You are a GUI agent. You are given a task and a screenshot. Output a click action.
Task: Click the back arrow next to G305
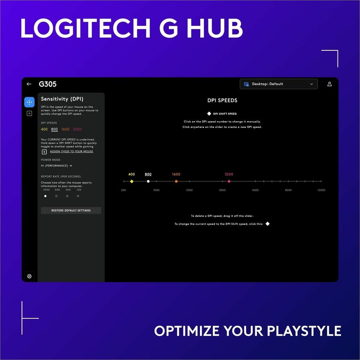(x=29, y=84)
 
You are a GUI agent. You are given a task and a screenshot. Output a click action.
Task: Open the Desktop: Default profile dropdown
(x=279, y=84)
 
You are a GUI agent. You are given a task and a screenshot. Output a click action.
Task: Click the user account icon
(x=330, y=84)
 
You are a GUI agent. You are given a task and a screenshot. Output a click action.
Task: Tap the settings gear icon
(x=29, y=276)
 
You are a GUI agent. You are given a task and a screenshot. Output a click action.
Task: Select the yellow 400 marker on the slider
(x=132, y=181)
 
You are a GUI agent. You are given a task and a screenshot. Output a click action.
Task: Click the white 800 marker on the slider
(x=148, y=181)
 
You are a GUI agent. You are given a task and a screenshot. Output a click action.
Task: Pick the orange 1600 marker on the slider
(x=176, y=181)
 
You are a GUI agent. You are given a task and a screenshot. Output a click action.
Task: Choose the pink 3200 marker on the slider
(x=229, y=181)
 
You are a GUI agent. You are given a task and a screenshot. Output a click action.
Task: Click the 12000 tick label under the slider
(x=321, y=190)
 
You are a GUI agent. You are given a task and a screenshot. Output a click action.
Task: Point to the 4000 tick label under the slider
(x=255, y=190)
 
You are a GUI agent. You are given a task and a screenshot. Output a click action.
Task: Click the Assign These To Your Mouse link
(x=72, y=152)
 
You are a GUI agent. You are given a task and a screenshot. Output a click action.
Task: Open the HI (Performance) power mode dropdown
(x=57, y=166)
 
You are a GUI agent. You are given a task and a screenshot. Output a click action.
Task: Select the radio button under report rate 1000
(x=45, y=196)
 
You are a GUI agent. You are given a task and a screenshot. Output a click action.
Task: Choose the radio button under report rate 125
(x=78, y=196)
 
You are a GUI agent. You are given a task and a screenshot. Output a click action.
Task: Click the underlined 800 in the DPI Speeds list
(x=54, y=130)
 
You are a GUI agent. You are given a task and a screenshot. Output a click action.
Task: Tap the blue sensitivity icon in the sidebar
(x=29, y=102)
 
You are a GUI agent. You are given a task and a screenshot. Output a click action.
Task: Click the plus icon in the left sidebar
(x=29, y=114)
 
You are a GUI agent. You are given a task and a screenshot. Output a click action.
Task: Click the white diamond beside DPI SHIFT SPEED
(x=209, y=114)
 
